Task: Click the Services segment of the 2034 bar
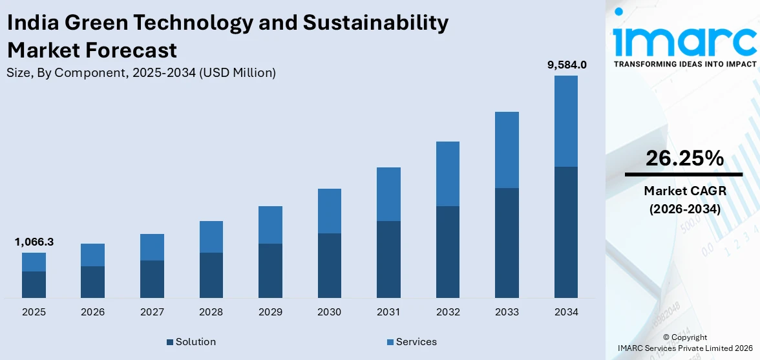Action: (x=565, y=121)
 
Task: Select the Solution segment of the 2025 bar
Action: (x=34, y=284)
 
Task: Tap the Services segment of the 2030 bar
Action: (x=329, y=211)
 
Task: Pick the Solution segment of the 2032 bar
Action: (x=447, y=251)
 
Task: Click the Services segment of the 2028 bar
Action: (x=211, y=237)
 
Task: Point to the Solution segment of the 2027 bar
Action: (x=152, y=279)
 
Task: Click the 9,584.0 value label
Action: (x=566, y=65)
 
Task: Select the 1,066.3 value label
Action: (x=34, y=242)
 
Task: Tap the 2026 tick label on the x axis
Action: (x=93, y=312)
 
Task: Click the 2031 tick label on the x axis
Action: (x=388, y=312)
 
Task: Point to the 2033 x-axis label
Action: (x=507, y=312)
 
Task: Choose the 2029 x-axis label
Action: (x=270, y=312)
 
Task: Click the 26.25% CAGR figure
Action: (x=684, y=158)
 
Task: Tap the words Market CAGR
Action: (x=684, y=191)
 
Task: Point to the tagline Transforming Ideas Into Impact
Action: (x=684, y=64)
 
